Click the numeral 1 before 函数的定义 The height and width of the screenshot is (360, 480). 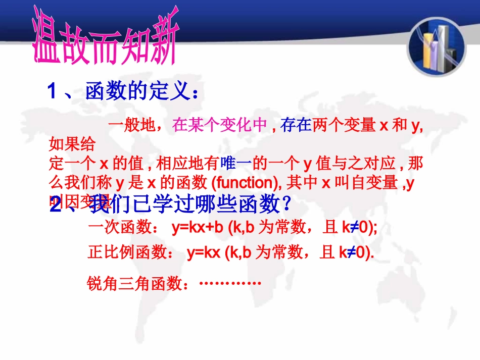[x=52, y=92]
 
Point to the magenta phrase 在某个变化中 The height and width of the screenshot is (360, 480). [x=219, y=125]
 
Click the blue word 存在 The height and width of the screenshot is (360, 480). [x=296, y=125]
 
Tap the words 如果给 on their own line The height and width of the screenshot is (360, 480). [x=72, y=145]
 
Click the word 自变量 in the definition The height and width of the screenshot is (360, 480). [x=376, y=183]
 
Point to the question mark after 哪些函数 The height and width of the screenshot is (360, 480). [x=286, y=205]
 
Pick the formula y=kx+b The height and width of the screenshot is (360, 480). [x=198, y=228]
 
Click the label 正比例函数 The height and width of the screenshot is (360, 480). [x=128, y=253]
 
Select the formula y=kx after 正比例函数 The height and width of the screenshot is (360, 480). [x=204, y=253]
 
